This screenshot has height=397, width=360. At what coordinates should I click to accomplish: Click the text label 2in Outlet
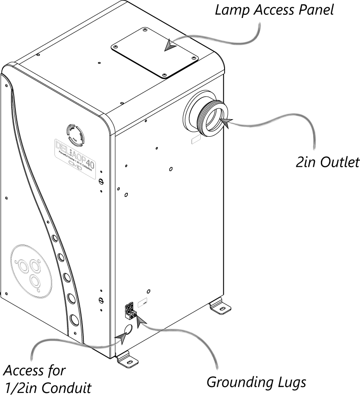pos(327,162)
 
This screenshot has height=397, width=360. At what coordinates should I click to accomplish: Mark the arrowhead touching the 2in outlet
pos(226,120)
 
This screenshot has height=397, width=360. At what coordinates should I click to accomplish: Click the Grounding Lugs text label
pos(256,382)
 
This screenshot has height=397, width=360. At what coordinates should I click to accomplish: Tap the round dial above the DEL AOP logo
pos(74,133)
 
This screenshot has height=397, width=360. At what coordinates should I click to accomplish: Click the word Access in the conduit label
pos(22,371)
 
